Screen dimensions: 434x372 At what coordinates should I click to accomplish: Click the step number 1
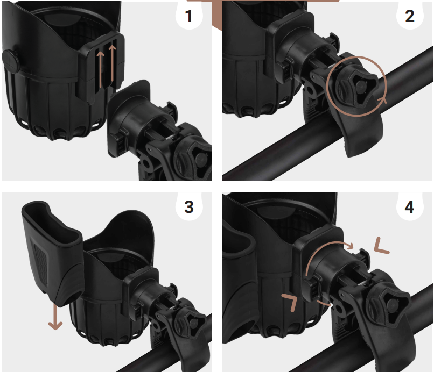[189, 16]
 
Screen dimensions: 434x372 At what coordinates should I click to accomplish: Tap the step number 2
[410, 16]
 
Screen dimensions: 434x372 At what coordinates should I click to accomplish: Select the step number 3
[189, 207]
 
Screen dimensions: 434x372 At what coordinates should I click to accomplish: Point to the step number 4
[410, 207]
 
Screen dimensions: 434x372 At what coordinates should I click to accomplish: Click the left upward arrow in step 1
[100, 70]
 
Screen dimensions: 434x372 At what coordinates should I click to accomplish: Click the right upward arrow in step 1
[112, 63]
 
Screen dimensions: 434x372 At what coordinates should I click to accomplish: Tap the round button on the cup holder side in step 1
[10, 61]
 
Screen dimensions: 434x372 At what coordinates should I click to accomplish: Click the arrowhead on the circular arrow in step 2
[382, 100]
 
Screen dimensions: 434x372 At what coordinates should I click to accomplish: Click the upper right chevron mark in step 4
[381, 247]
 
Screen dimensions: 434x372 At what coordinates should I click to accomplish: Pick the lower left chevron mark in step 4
[290, 302]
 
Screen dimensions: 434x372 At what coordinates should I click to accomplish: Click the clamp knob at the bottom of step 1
[194, 160]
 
